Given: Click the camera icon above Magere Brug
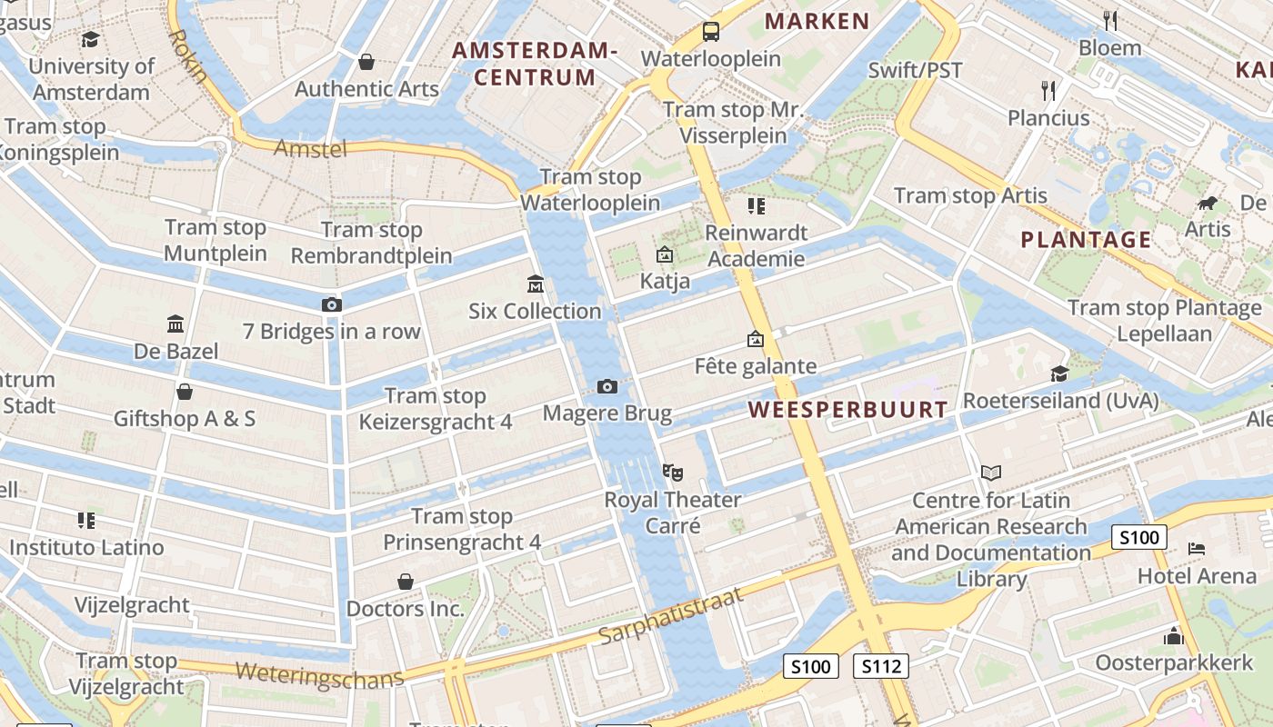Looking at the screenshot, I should (607, 387).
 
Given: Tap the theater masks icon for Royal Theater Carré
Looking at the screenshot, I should (673, 472).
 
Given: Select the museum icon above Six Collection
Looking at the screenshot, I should (535, 285).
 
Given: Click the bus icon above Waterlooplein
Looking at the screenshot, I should (710, 32).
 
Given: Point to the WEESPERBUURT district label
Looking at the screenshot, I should (848, 410).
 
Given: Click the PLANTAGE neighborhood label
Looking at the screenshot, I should (1086, 240).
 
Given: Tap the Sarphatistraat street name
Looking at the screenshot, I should (672, 616).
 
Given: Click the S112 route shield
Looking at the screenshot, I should (880, 666).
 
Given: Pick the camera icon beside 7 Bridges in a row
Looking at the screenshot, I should (332, 304).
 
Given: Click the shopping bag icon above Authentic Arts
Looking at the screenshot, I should (366, 62).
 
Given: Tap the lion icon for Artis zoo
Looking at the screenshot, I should (1208, 203).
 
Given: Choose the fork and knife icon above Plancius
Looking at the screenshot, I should (1048, 90).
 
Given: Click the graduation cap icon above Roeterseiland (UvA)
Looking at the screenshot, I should (1059, 373).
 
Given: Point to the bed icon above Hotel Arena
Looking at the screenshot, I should (1197, 549).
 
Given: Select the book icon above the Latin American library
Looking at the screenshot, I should (991, 473).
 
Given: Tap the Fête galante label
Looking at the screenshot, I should (756, 366).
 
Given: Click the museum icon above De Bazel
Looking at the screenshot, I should (175, 324).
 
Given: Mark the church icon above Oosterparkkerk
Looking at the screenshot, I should (1174, 636).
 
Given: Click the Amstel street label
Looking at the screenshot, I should (310, 148).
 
